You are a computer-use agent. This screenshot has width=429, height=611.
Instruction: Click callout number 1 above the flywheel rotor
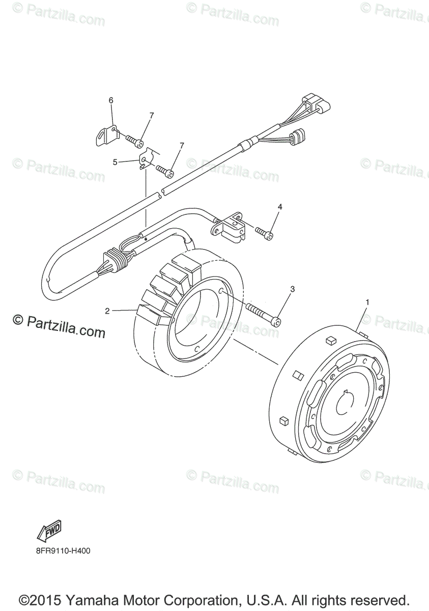point(367,302)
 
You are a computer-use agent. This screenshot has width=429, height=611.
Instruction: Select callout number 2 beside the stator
point(107,311)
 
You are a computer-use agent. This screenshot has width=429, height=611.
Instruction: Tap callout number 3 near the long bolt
point(292,289)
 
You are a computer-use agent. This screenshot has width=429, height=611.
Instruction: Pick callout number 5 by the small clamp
point(115,162)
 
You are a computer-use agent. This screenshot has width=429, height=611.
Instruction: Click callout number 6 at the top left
point(111,100)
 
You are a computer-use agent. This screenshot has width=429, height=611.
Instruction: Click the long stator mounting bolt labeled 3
point(262,314)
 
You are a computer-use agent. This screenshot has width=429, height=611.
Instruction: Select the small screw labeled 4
point(265,233)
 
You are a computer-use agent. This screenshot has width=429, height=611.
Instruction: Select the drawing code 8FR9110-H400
point(64,550)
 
